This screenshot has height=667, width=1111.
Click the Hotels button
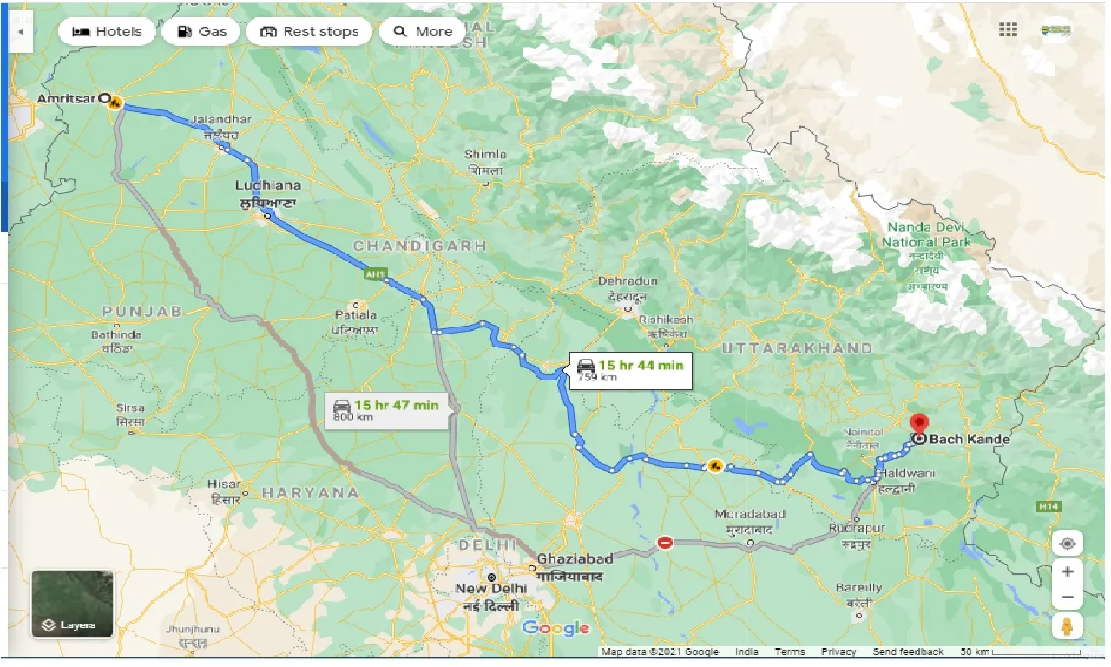(x=106, y=31)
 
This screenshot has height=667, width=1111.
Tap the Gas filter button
(x=202, y=31)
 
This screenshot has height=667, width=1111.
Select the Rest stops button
(x=309, y=31)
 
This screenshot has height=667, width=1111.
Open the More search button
(x=423, y=31)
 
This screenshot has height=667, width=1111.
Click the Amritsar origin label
(x=66, y=99)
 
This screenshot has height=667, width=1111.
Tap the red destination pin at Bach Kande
(x=919, y=426)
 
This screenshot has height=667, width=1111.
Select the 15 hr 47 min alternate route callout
(x=388, y=409)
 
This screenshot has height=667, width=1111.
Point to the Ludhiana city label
(x=268, y=185)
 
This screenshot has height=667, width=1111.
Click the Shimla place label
(x=485, y=155)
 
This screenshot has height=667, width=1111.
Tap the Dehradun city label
(x=628, y=281)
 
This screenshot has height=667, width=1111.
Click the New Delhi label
(x=491, y=588)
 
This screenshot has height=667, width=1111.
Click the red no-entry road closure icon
(x=665, y=542)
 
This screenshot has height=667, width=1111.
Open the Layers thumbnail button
(x=72, y=603)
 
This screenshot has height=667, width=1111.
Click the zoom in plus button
(x=1067, y=571)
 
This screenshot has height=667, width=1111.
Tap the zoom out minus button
(x=1067, y=598)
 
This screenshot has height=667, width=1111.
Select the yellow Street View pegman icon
(x=1067, y=628)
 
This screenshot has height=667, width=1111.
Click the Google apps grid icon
(x=1008, y=30)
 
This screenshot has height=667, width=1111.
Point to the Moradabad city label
(x=750, y=514)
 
